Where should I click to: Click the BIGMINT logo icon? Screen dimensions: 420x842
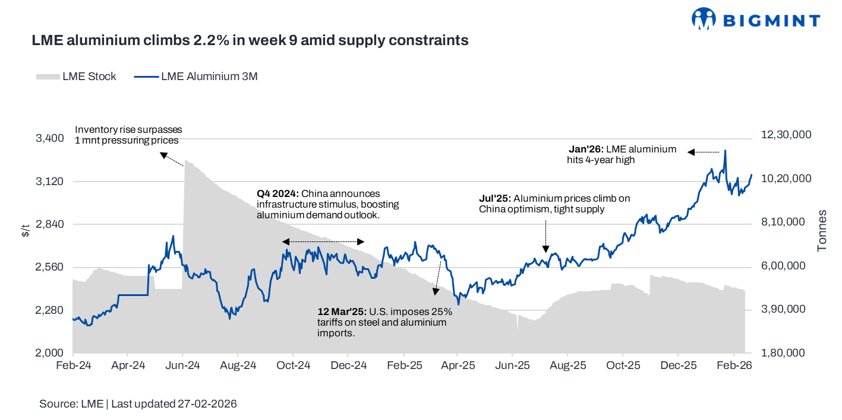(x=705, y=19)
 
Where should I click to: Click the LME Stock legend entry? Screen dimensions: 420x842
(x=76, y=77)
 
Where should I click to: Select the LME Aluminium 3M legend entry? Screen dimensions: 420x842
(x=196, y=77)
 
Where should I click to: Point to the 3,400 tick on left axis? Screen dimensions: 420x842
(x=50, y=138)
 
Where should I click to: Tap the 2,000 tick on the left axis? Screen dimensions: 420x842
(x=50, y=353)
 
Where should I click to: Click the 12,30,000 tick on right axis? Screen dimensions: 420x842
(x=786, y=135)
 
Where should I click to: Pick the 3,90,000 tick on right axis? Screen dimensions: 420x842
(x=783, y=310)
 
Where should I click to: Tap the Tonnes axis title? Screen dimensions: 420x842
(x=822, y=230)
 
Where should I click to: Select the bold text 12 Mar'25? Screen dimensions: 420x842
(x=343, y=311)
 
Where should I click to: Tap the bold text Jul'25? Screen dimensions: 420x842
(x=495, y=198)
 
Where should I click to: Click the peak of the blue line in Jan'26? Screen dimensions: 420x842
(x=726, y=151)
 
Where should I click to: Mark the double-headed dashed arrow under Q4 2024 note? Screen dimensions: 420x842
(x=323, y=241)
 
